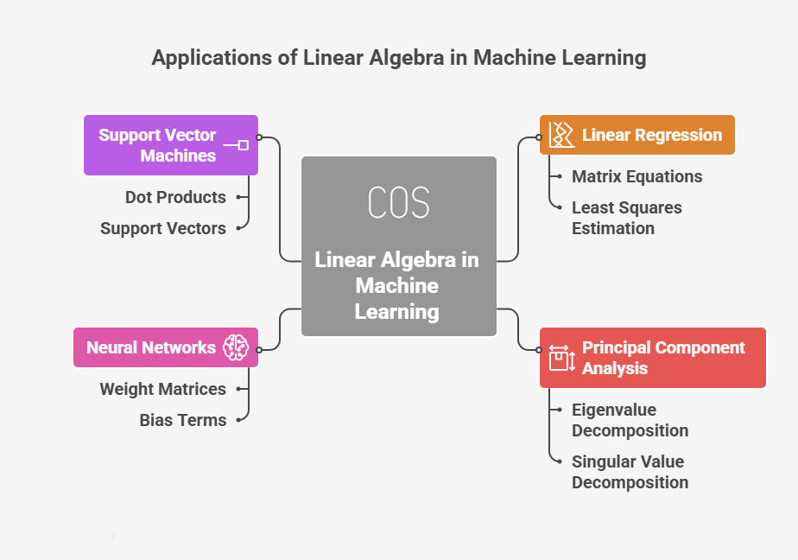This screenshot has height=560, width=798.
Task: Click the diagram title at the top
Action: [x=399, y=58]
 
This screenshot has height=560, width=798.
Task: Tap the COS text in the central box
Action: [x=398, y=202]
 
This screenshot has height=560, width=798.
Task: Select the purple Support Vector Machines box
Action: [x=170, y=145]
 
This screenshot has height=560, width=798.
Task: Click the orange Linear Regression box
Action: [x=636, y=135]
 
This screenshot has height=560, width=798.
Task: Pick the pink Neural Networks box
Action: [x=165, y=347]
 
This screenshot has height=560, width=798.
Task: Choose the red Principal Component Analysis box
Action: [x=652, y=358]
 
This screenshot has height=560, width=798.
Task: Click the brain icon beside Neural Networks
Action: [x=235, y=347]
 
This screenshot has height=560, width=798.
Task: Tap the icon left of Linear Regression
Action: [x=561, y=135]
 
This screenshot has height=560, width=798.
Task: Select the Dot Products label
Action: [x=175, y=197]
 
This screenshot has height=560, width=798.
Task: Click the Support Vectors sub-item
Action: [x=163, y=228]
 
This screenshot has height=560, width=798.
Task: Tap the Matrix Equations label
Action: [x=636, y=176]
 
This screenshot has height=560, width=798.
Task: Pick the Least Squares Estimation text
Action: [x=626, y=218]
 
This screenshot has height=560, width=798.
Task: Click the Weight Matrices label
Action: [x=162, y=389]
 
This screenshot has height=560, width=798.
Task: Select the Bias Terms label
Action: [x=183, y=420]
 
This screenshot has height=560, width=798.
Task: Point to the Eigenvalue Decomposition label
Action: [x=630, y=420]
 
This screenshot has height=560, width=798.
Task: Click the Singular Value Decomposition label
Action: [x=630, y=472]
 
